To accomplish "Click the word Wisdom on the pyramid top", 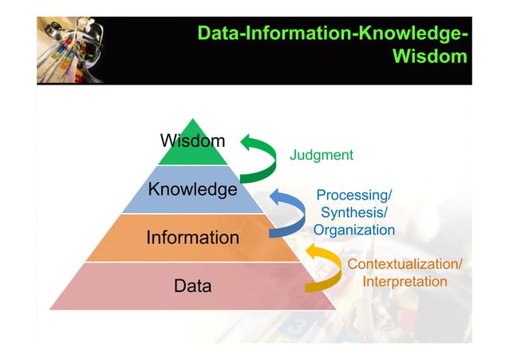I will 192,141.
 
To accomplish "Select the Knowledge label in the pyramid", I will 192,189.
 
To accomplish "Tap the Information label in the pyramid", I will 192,237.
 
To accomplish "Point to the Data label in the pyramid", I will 192,285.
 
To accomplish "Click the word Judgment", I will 321,155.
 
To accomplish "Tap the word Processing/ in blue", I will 354,196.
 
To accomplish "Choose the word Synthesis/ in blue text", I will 354,212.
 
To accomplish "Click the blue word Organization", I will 354,230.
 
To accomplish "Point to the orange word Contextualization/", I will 404,264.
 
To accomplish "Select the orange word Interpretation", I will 404,282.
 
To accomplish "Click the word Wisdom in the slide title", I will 430,57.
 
